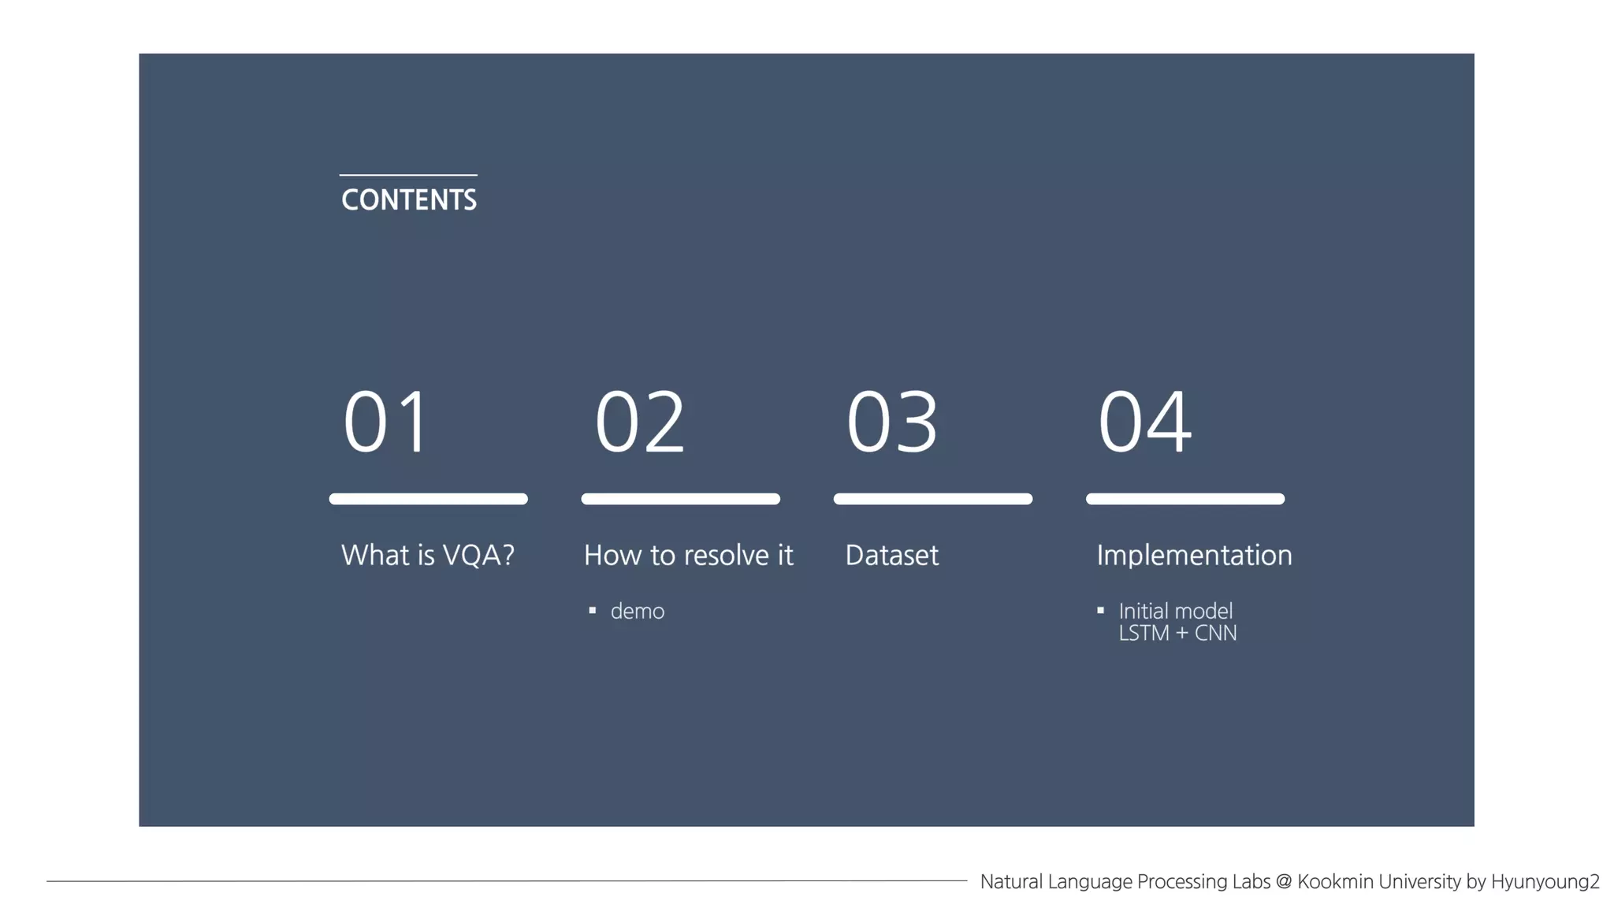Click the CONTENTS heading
408,199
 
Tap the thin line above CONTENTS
408,175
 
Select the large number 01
386,422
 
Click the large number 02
639,422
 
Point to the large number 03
891,422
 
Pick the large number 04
1144,422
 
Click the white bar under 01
428,499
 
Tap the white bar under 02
680,499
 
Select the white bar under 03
932,499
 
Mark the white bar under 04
1184,499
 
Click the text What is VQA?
427,555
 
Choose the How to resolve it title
688,555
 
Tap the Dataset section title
891,555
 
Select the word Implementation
1194,555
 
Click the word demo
637,612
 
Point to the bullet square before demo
593,610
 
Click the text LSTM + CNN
1177,633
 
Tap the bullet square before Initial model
1100,610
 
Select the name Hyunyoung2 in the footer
1545,881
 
